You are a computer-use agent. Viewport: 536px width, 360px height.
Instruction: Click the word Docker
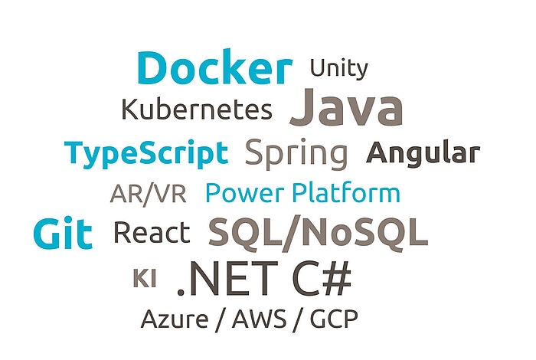(215, 67)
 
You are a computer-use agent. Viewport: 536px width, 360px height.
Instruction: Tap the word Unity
(338, 69)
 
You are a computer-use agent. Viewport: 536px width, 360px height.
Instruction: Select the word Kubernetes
(197, 109)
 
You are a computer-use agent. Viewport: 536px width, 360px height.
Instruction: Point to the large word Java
(346, 106)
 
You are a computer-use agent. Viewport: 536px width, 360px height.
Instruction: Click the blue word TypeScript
(146, 154)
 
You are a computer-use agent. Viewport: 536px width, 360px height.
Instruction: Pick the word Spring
(296, 154)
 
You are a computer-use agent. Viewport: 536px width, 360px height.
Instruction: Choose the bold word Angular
(423, 154)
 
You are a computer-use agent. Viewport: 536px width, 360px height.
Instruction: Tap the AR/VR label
(149, 194)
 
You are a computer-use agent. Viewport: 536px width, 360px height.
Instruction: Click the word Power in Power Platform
(245, 193)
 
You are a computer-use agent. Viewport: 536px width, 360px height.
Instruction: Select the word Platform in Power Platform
(346, 193)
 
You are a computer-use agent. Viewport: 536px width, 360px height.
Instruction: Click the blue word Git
(63, 233)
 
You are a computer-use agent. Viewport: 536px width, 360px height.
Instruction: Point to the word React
(152, 233)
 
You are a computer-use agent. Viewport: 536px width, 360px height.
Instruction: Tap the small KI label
(145, 278)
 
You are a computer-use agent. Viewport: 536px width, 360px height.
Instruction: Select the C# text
(322, 278)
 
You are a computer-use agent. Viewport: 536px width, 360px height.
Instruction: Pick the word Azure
(175, 319)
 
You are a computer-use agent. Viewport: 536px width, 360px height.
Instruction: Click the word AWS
(259, 319)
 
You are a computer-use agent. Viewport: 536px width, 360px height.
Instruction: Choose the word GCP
(334, 319)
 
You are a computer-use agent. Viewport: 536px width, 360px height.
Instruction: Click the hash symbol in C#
(337, 278)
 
